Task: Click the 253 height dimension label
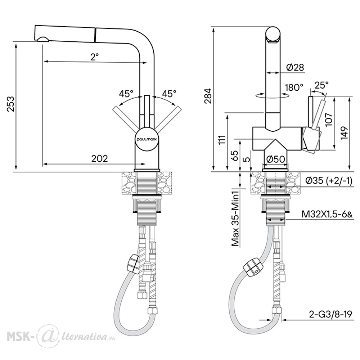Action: [x=10, y=104]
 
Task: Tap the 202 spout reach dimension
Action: [x=99, y=158]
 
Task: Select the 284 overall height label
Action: [x=208, y=96]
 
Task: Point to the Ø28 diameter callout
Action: [x=295, y=67]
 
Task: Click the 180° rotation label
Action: [x=294, y=87]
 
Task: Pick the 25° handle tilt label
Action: [x=321, y=85]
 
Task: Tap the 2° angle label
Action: [x=94, y=57]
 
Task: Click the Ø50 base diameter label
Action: [x=276, y=159]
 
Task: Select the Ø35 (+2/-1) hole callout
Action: [x=329, y=181]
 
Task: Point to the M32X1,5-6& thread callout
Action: [x=327, y=215]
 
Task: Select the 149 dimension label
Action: [x=345, y=133]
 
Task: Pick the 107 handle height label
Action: [x=329, y=119]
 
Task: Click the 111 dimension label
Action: [x=222, y=139]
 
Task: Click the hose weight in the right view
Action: [x=253, y=267]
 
